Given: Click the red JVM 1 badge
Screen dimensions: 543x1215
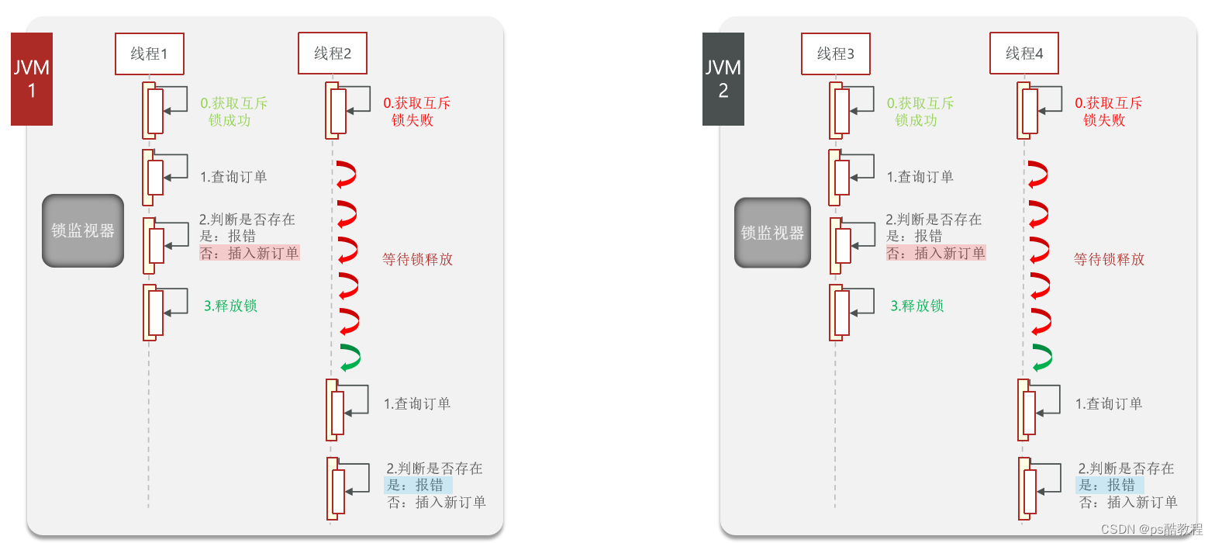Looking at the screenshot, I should click(32, 79).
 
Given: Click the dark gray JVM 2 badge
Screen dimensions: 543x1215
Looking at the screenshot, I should click(723, 79).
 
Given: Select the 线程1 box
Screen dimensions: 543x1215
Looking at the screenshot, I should click(150, 54).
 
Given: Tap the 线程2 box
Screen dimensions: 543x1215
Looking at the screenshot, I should click(333, 54).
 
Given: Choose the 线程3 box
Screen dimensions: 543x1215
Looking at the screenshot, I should click(836, 54).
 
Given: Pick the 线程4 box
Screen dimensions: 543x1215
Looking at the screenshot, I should click(1024, 54).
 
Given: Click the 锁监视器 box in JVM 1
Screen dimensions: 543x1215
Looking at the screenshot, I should click(83, 230).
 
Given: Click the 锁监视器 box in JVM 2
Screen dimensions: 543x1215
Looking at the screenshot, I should click(772, 233).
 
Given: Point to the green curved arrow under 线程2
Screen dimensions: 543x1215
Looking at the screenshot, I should click(350, 358).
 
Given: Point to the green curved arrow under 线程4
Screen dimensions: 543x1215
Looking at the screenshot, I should click(1042, 358).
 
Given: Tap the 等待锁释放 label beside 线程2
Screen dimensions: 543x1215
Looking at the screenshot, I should click(417, 259).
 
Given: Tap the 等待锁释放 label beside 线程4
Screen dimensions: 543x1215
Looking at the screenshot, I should click(1109, 259).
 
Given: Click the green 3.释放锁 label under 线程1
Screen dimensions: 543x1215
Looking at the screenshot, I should click(230, 306).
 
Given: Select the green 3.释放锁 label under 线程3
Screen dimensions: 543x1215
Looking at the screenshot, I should click(917, 306).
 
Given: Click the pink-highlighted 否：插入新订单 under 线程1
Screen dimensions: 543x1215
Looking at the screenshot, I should click(249, 253).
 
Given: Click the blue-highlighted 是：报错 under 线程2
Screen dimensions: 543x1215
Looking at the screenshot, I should click(418, 485).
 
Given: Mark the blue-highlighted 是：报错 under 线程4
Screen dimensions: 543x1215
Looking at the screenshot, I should click(1110, 485).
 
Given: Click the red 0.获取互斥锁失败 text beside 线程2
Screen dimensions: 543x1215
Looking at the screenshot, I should click(416, 112).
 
